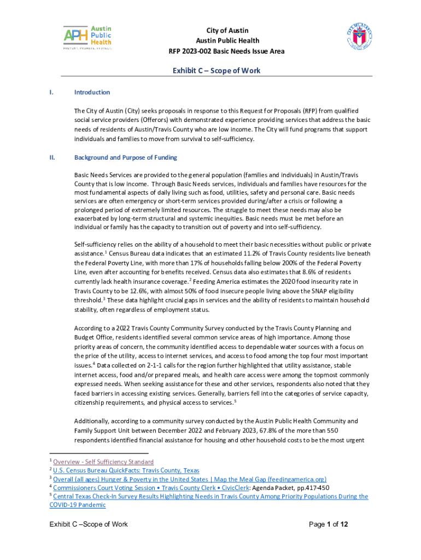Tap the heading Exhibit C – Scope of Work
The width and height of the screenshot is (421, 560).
pyautogui.click(x=217, y=71)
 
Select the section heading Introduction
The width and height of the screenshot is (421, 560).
pyautogui.click(x=92, y=92)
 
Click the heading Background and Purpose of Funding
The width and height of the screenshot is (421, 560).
pyautogui.click(x=125, y=158)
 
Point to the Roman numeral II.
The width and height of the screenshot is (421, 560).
pyautogui.click(x=52, y=158)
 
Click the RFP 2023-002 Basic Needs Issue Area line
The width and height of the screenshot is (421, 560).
pyautogui.click(x=226, y=51)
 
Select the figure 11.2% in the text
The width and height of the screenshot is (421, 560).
pyautogui.click(x=268, y=253)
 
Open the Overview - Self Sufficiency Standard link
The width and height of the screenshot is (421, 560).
pyautogui.click(x=103, y=462)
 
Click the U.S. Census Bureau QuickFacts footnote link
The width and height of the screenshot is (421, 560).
pyautogui.click(x=126, y=470)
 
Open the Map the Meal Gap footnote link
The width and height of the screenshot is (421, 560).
pyautogui.click(x=190, y=479)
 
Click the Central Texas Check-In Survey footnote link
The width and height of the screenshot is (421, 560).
pyautogui.click(x=210, y=497)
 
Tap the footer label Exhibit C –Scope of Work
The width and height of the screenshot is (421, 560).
pyautogui.click(x=89, y=524)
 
